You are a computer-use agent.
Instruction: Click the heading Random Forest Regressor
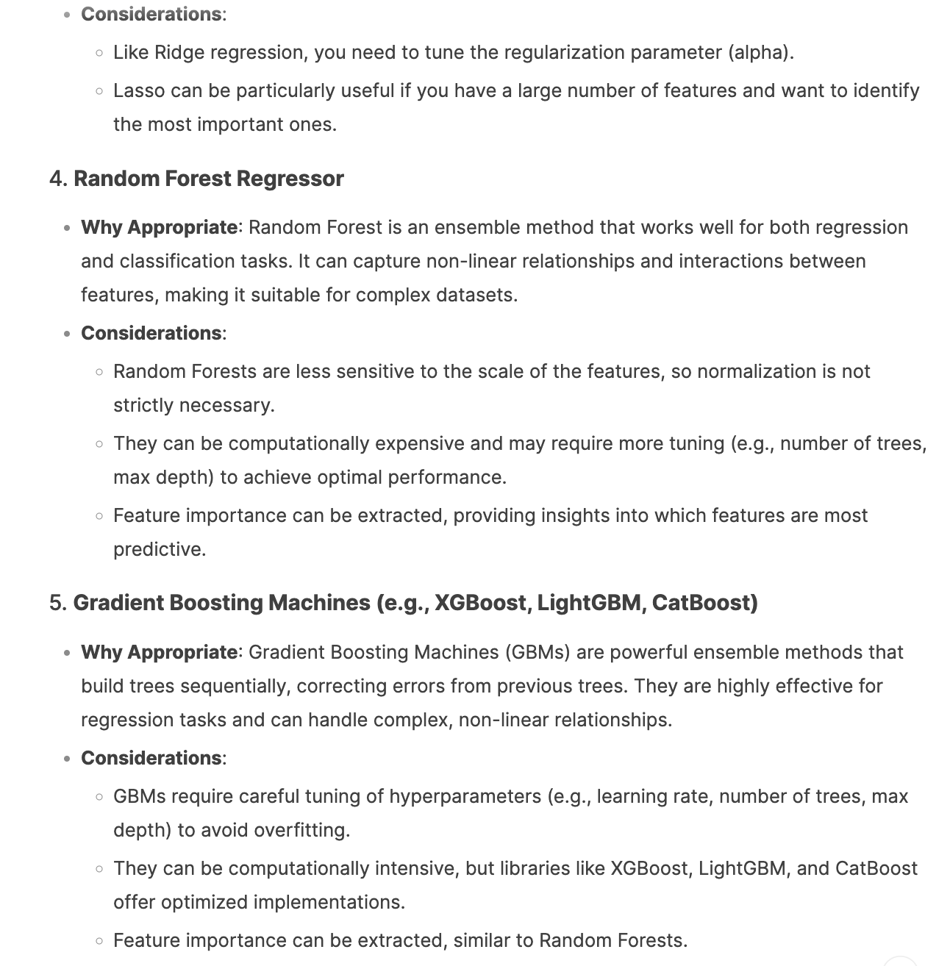click(x=209, y=179)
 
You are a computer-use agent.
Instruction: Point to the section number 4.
click(x=57, y=179)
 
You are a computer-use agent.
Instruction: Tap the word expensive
click(x=418, y=443)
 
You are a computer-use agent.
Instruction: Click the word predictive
click(x=159, y=549)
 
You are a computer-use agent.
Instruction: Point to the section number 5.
click(x=57, y=603)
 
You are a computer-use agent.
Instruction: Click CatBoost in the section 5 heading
click(x=704, y=603)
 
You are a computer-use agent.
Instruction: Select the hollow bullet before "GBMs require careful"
click(x=99, y=796)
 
